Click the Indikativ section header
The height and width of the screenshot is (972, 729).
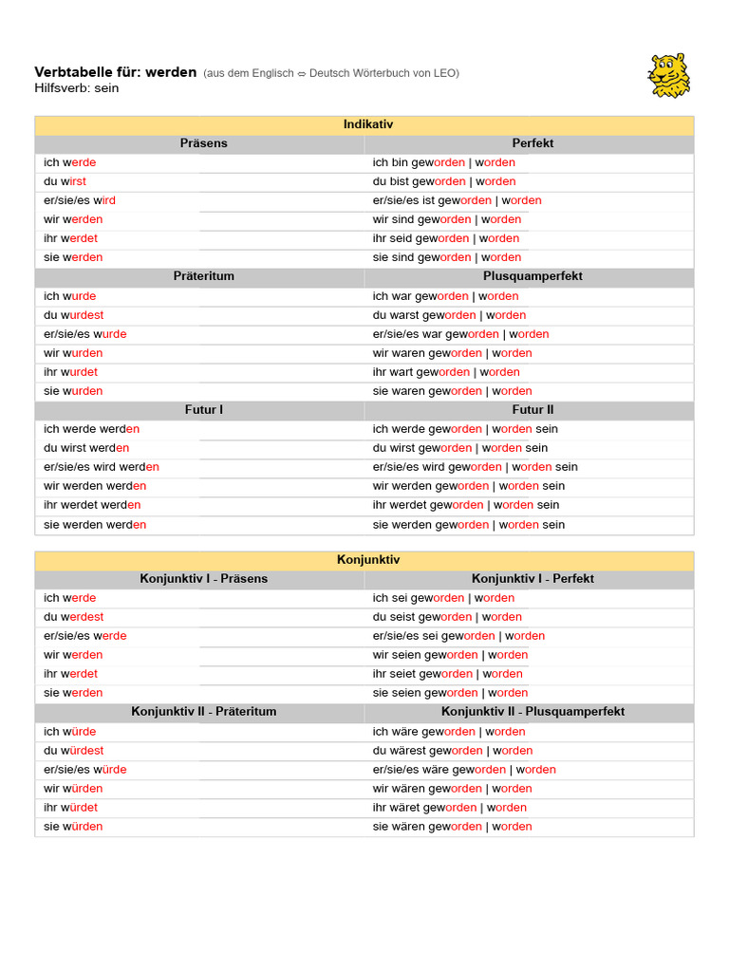click(367, 124)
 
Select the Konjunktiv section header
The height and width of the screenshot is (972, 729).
click(367, 560)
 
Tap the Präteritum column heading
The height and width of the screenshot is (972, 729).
click(203, 276)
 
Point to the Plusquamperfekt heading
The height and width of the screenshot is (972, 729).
click(533, 276)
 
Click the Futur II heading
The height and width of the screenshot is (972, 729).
click(533, 410)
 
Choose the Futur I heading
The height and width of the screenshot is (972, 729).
click(203, 410)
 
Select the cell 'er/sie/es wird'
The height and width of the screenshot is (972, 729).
click(80, 200)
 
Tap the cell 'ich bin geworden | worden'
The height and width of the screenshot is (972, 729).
click(443, 162)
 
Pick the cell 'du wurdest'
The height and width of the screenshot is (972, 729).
click(73, 315)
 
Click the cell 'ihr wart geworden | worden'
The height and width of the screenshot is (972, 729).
click(445, 372)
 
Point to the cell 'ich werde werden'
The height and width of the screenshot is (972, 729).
click(91, 429)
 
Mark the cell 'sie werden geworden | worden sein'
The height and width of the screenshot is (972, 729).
click(468, 525)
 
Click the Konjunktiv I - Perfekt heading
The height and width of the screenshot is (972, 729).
click(533, 579)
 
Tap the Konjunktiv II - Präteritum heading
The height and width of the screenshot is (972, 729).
click(203, 712)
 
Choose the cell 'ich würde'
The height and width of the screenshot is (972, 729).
click(69, 732)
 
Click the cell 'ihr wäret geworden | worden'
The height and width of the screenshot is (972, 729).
click(449, 808)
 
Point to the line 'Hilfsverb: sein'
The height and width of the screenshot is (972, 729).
click(76, 88)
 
